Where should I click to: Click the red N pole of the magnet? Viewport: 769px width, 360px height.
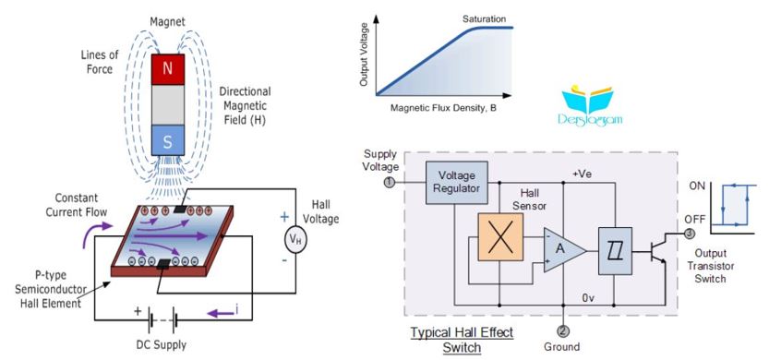[x=168, y=69]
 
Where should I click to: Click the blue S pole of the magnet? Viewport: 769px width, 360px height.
[x=168, y=140]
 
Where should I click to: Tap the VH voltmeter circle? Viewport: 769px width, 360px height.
[x=295, y=240]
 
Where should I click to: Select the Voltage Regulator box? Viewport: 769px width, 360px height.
[x=457, y=183]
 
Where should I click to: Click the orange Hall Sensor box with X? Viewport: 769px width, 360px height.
[x=500, y=237]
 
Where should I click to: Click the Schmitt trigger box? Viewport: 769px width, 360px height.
[x=615, y=251]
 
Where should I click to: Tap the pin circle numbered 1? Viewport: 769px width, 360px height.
[x=390, y=183]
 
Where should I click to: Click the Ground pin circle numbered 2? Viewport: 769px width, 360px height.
[x=564, y=331]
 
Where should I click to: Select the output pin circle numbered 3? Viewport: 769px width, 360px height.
[x=690, y=234]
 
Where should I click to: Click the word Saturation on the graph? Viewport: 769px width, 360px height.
[x=484, y=19]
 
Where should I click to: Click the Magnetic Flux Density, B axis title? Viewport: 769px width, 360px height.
[x=443, y=108]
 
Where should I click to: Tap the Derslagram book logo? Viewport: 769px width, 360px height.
[x=589, y=107]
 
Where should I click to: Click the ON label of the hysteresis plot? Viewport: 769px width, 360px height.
[x=697, y=186]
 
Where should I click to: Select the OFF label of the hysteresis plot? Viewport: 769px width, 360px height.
[x=697, y=219]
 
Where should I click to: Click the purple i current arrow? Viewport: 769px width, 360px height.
[x=220, y=312]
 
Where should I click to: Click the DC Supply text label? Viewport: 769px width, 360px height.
[x=162, y=345]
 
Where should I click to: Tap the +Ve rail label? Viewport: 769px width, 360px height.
[x=582, y=174]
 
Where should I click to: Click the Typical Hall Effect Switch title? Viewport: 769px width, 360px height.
[x=462, y=340]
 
